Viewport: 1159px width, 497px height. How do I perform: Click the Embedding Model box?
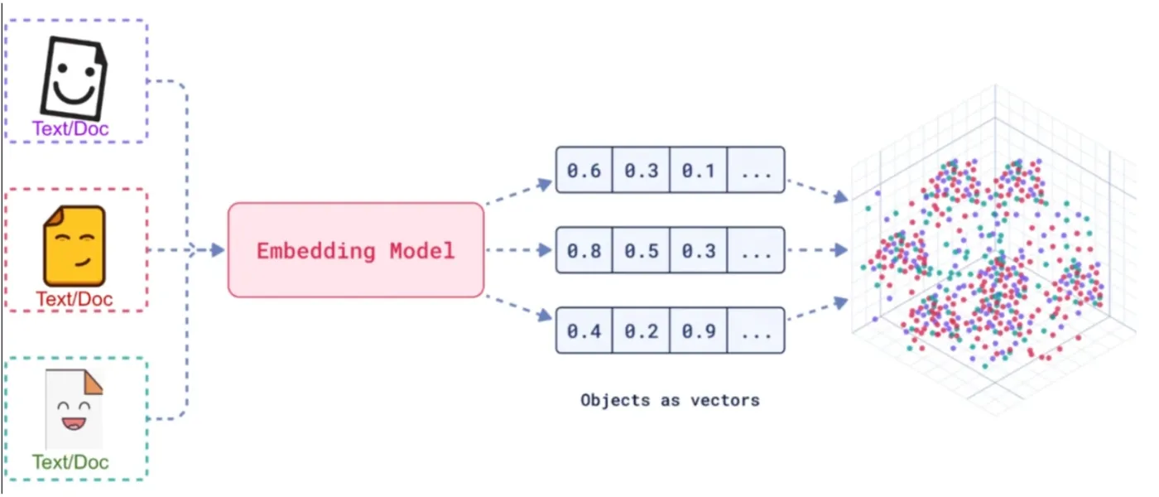(356, 250)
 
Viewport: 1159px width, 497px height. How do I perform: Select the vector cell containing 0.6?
(584, 170)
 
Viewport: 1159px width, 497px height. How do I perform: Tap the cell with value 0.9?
(699, 331)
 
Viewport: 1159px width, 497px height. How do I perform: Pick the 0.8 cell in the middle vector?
(584, 250)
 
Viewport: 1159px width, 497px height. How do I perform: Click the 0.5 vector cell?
(641, 250)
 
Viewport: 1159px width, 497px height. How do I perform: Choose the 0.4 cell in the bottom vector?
(584, 331)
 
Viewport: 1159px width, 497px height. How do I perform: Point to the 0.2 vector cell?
(641, 331)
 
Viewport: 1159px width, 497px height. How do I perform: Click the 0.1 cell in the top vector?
(699, 170)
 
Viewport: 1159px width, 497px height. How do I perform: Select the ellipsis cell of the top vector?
(756, 170)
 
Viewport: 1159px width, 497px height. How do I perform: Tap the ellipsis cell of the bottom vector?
(756, 331)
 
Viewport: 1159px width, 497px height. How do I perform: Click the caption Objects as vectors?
(670, 400)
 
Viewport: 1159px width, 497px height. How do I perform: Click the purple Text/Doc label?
(71, 128)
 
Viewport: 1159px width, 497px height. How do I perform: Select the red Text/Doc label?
(74, 299)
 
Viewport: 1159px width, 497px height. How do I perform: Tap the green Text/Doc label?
(71, 462)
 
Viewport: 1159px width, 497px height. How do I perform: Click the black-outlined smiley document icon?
(74, 78)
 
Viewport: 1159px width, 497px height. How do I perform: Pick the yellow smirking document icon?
(75, 246)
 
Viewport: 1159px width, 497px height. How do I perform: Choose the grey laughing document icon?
(74, 409)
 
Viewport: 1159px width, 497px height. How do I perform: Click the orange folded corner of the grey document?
(92, 383)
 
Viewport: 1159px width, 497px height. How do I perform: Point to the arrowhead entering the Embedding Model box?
(219, 250)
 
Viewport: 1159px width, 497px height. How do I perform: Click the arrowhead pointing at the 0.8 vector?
(545, 250)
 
